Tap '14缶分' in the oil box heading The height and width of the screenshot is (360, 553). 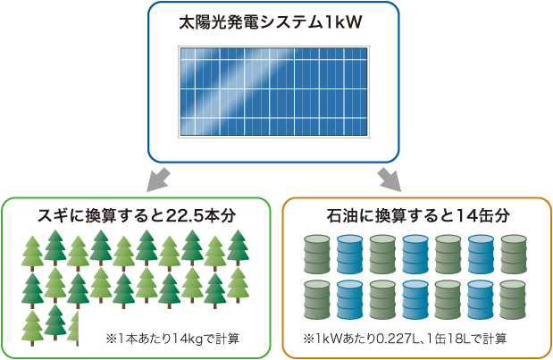click(482, 215)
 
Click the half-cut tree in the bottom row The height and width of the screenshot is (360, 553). click(75, 325)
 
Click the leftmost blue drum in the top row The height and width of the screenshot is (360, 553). click(350, 254)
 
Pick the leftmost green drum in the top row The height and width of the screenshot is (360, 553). click(317, 254)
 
